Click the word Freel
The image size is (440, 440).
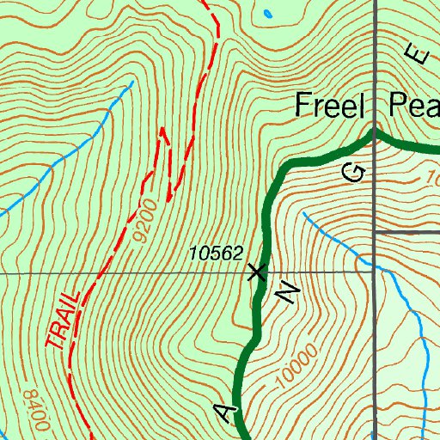331,106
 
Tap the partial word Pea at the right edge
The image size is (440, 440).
413,106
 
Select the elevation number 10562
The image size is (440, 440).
217,254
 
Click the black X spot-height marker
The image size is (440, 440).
256,273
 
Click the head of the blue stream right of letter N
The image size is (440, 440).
304,214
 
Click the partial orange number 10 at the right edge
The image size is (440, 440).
432,179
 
